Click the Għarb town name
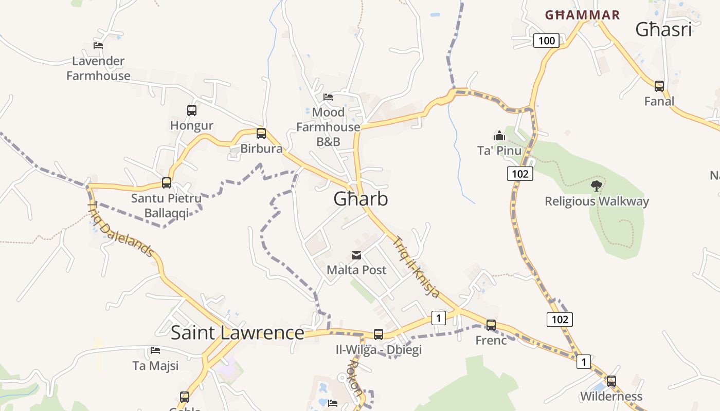click(x=361, y=199)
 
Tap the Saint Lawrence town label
click(x=237, y=333)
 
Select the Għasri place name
click(x=663, y=30)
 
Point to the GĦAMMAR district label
click(x=582, y=15)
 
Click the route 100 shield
click(x=546, y=41)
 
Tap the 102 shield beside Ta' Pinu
click(x=520, y=174)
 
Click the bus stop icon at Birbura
click(x=261, y=134)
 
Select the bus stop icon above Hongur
click(x=192, y=110)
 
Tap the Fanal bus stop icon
click(x=659, y=86)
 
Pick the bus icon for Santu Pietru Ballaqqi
click(x=167, y=182)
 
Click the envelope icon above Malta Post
click(x=356, y=255)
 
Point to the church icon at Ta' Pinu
click(x=499, y=136)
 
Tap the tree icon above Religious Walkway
click(x=597, y=185)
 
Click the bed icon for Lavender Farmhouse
click(x=98, y=45)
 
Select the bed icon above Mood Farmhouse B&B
click(x=328, y=97)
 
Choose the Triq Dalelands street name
click(x=121, y=229)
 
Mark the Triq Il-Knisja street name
click(x=417, y=267)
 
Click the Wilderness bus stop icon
click(x=611, y=381)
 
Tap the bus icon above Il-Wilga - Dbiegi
click(x=379, y=334)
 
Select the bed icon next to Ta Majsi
click(x=155, y=350)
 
